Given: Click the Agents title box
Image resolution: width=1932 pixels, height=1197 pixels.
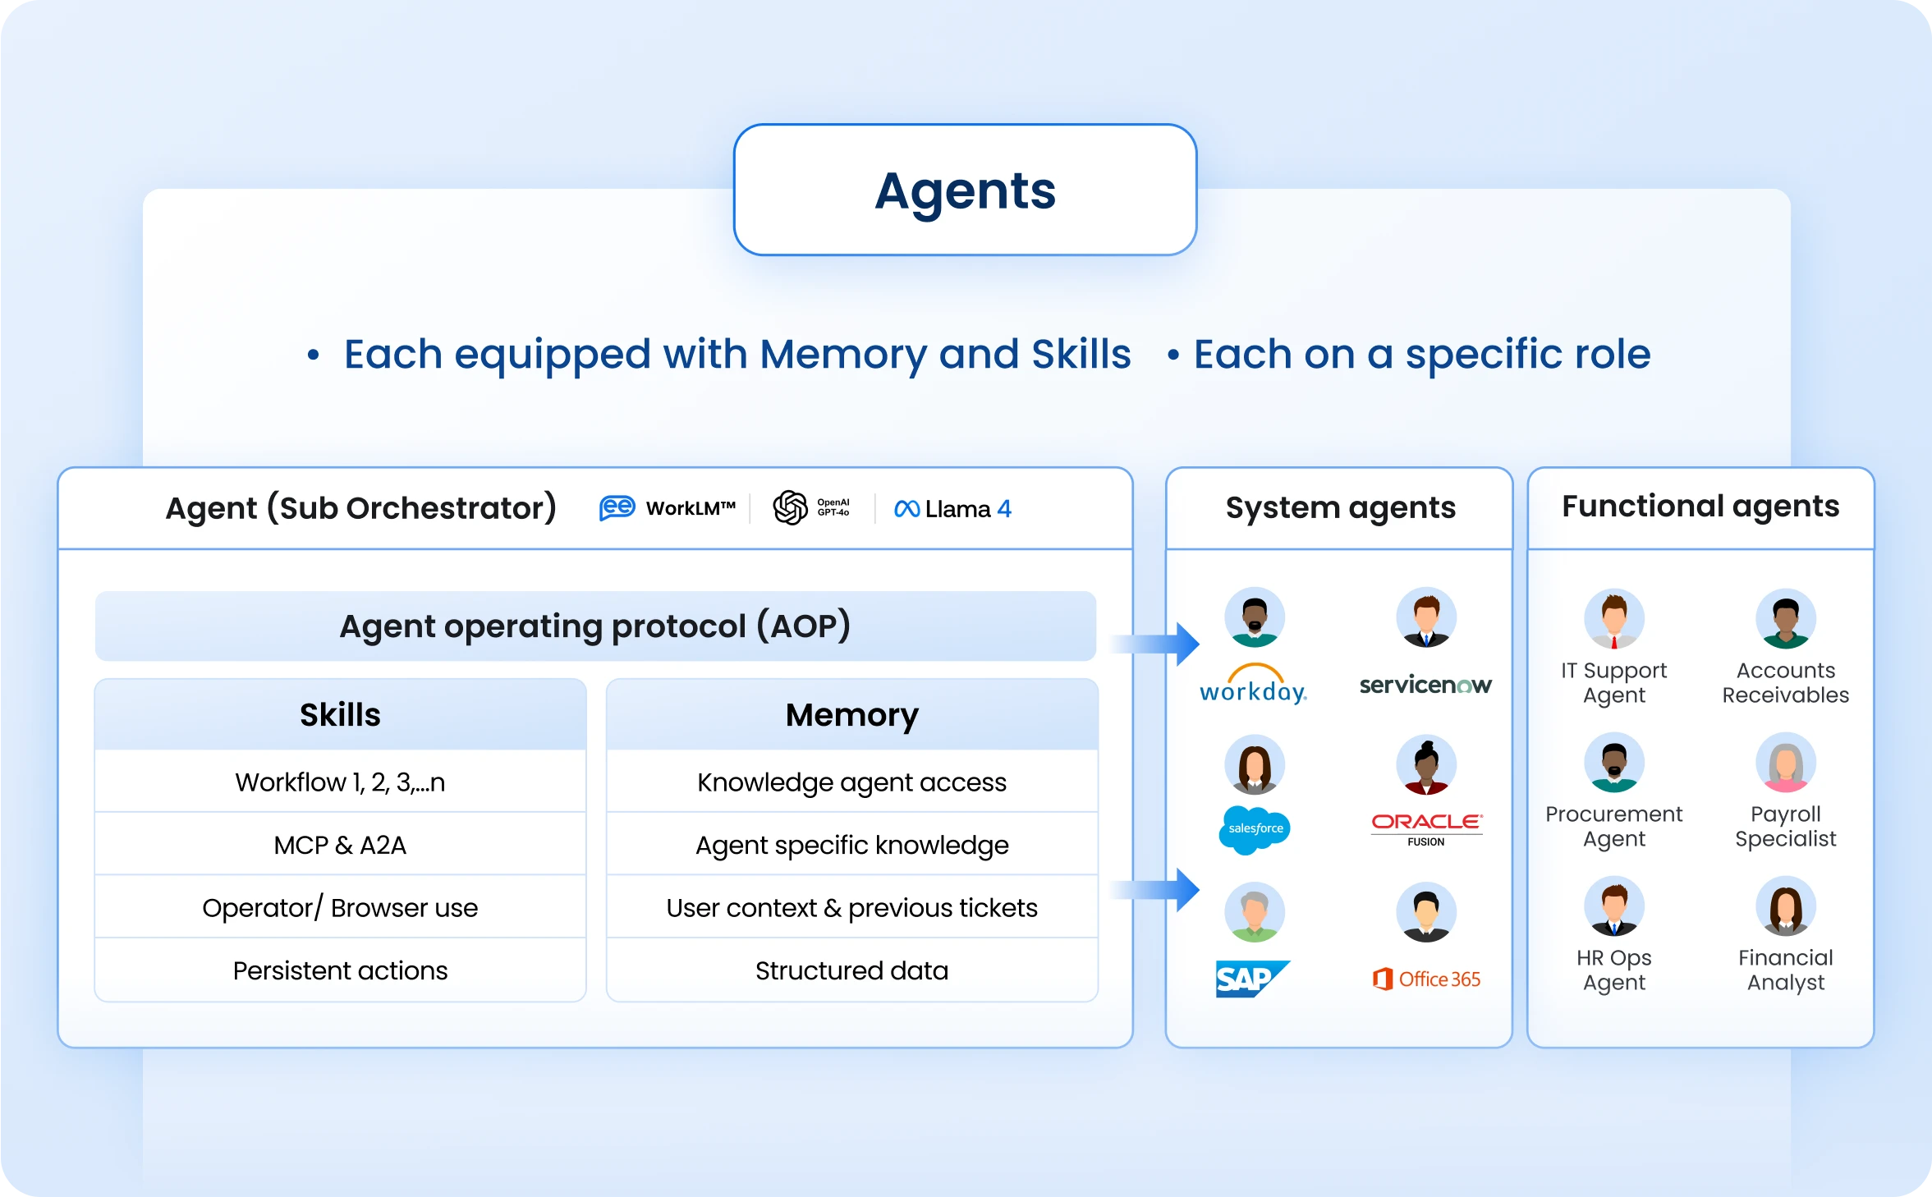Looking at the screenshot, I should pyautogui.click(x=965, y=190).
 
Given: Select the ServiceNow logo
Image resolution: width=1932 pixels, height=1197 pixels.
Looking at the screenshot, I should pyautogui.click(x=1425, y=685).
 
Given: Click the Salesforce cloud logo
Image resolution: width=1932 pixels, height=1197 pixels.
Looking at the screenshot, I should pyautogui.click(x=1255, y=829).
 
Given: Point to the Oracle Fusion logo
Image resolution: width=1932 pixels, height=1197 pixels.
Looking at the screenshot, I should pyautogui.click(x=1426, y=828).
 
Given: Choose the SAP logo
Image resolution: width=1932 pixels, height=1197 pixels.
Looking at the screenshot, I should pyautogui.click(x=1251, y=979).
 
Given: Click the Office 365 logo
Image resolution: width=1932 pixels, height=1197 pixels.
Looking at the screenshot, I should pyautogui.click(x=1427, y=979).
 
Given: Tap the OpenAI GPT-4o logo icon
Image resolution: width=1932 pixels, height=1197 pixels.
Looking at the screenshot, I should pyautogui.click(x=790, y=507).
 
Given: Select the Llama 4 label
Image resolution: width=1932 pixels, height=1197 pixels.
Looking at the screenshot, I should pyautogui.click(x=953, y=509).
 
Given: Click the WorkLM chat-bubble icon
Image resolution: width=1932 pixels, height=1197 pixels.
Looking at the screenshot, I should pyautogui.click(x=617, y=508).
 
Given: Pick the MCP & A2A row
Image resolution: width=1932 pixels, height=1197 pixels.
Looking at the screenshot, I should pyautogui.click(x=340, y=845).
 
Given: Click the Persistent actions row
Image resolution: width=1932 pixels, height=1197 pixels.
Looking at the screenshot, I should pyautogui.click(x=340, y=970).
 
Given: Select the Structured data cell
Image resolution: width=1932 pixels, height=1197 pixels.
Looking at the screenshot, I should pyautogui.click(x=851, y=970).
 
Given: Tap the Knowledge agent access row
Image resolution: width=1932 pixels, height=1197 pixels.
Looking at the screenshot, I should pyautogui.click(x=851, y=782).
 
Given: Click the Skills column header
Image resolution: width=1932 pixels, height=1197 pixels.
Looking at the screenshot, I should pyautogui.click(x=340, y=714).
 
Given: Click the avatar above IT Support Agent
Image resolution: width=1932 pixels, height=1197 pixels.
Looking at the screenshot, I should pyautogui.click(x=1613, y=619).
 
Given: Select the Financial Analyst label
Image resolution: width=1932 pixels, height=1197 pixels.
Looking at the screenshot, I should pyautogui.click(x=1785, y=970).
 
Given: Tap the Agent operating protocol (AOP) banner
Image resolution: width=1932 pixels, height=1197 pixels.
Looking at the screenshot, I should pyautogui.click(x=595, y=626).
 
